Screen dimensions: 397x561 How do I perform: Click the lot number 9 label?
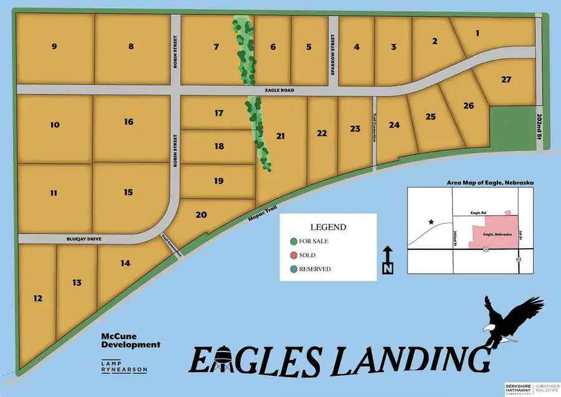tap(54, 46)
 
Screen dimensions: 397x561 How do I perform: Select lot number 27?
tap(506, 79)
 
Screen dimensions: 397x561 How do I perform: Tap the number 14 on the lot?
tap(125, 263)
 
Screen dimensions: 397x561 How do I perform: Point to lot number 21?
tap(281, 136)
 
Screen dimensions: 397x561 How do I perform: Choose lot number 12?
tap(38, 299)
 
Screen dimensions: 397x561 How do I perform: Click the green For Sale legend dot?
tap(294, 241)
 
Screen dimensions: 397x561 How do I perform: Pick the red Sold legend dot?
tap(294, 255)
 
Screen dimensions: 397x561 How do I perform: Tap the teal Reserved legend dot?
tap(294, 269)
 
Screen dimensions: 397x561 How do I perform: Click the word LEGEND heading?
tap(327, 227)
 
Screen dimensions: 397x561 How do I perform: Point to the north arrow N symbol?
tap(387, 261)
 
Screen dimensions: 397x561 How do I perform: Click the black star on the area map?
tap(429, 222)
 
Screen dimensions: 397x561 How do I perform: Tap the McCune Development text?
tap(131, 340)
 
